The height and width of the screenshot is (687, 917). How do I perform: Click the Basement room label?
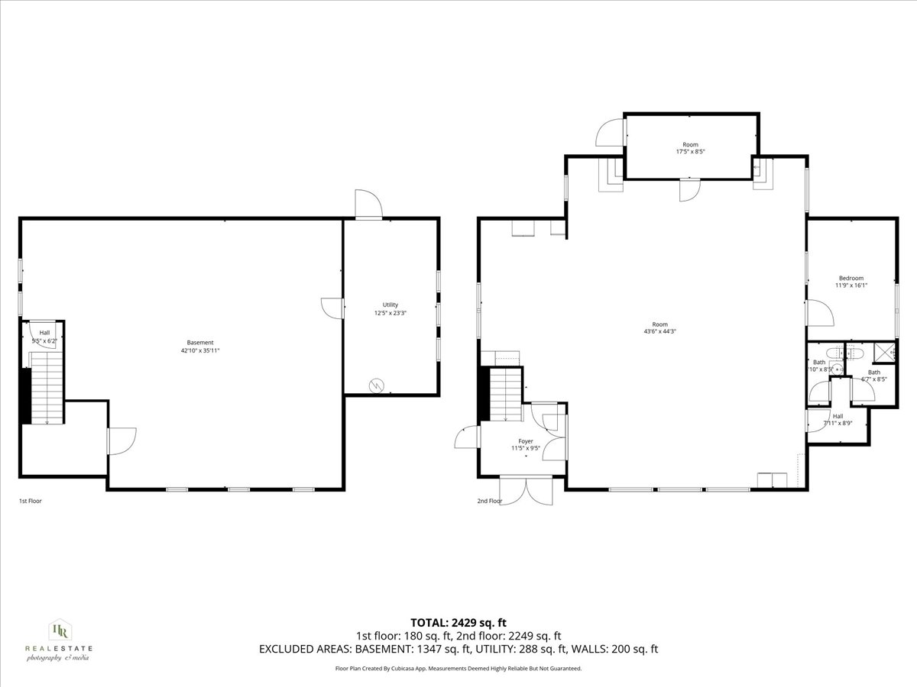pos(200,343)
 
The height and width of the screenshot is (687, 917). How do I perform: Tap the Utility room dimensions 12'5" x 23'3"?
pos(390,313)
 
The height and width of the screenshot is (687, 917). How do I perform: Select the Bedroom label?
pos(851,278)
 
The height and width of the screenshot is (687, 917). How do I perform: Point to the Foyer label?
pos(526,441)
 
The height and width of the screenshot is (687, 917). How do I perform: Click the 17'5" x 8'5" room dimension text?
pos(690,152)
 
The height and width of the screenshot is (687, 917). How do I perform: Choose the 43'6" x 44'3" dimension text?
pos(659,331)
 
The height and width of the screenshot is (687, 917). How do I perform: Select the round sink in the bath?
pos(838,369)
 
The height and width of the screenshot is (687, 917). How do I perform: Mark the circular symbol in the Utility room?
pos(376,385)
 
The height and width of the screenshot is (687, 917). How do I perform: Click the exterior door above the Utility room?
pos(368,204)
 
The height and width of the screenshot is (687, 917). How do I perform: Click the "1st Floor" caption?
pos(31,502)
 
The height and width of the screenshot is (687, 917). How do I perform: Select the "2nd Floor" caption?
pos(490,502)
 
